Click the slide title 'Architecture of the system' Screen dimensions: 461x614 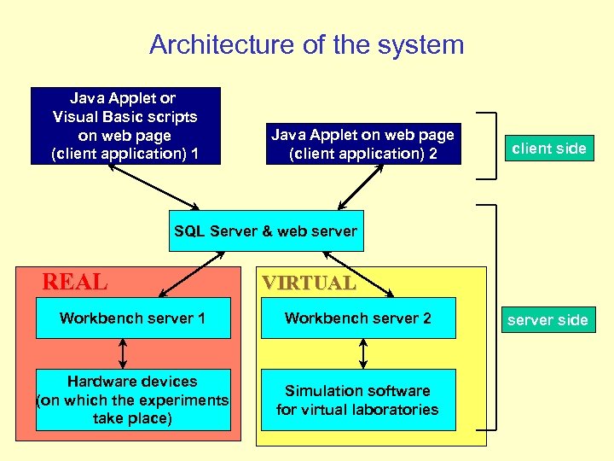[307, 44]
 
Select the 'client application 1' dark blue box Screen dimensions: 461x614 [125, 125]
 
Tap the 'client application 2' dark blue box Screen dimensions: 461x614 [362, 144]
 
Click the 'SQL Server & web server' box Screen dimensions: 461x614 [266, 230]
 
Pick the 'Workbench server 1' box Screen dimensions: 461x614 [133, 318]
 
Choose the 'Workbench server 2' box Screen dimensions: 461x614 [358, 318]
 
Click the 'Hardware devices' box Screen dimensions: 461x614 [133, 400]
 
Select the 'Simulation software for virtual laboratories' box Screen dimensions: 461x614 [358, 400]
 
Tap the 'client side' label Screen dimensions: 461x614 [548, 149]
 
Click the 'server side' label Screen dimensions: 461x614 [547, 320]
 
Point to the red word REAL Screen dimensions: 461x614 [75, 282]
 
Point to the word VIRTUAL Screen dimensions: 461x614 [309, 283]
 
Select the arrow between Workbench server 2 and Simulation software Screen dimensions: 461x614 [364, 353]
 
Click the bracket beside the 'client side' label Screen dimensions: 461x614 [489, 145]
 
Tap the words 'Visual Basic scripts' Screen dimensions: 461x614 [125, 117]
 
